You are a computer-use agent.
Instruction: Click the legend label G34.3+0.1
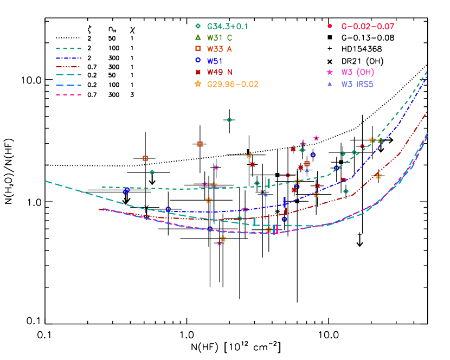point(227,26)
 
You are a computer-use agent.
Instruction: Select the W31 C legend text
point(220,37)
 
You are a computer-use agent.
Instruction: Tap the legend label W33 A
point(220,49)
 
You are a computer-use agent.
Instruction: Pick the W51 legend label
point(215,61)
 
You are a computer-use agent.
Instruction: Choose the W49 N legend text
point(220,72)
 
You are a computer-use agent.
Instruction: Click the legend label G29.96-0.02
point(233,84)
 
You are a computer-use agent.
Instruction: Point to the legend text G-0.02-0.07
point(368,26)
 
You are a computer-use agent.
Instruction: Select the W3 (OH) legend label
point(357,72)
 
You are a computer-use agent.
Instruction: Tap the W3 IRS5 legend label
point(357,84)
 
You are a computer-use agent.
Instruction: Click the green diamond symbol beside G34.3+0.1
point(198,26)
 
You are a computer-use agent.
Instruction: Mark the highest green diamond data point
point(229,120)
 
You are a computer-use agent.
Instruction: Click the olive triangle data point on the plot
point(381,140)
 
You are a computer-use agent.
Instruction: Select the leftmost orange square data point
point(145,158)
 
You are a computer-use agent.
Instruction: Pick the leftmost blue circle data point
point(126,191)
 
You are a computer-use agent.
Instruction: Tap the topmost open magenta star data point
point(316,138)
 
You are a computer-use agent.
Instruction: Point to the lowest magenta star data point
point(220,243)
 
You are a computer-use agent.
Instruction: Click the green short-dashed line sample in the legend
point(68,49)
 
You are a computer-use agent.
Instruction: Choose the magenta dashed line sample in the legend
point(68,95)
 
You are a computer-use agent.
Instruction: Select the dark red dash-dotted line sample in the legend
point(68,67)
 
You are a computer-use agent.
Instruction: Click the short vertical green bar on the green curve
point(268,183)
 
